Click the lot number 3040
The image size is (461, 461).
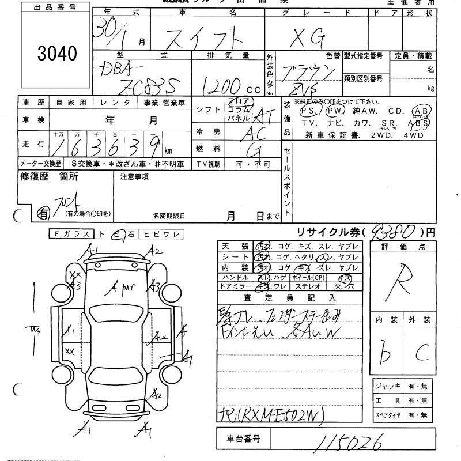tap(57, 54)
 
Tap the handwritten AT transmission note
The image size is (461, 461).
tap(263, 118)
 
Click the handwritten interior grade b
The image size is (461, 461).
tap(381, 350)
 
